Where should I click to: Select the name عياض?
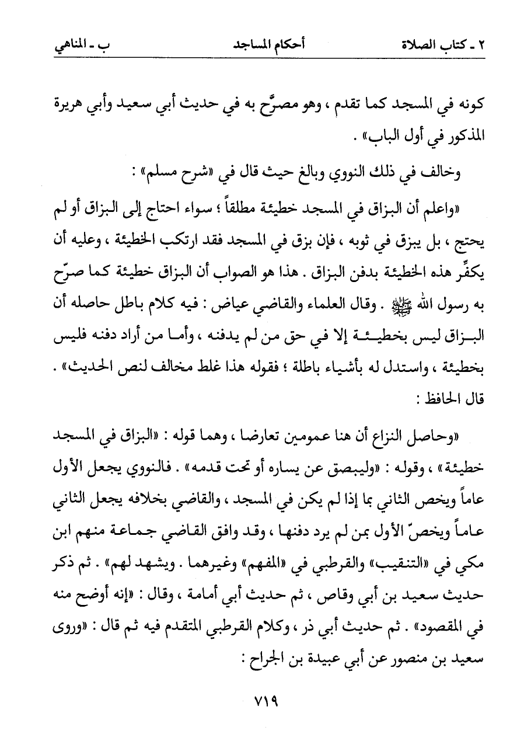point(233,306)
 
